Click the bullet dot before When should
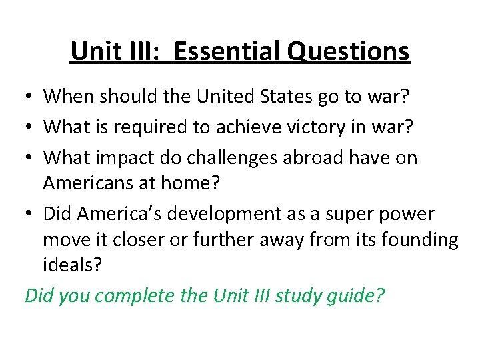[x=31, y=97]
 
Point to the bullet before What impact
[x=31, y=159]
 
